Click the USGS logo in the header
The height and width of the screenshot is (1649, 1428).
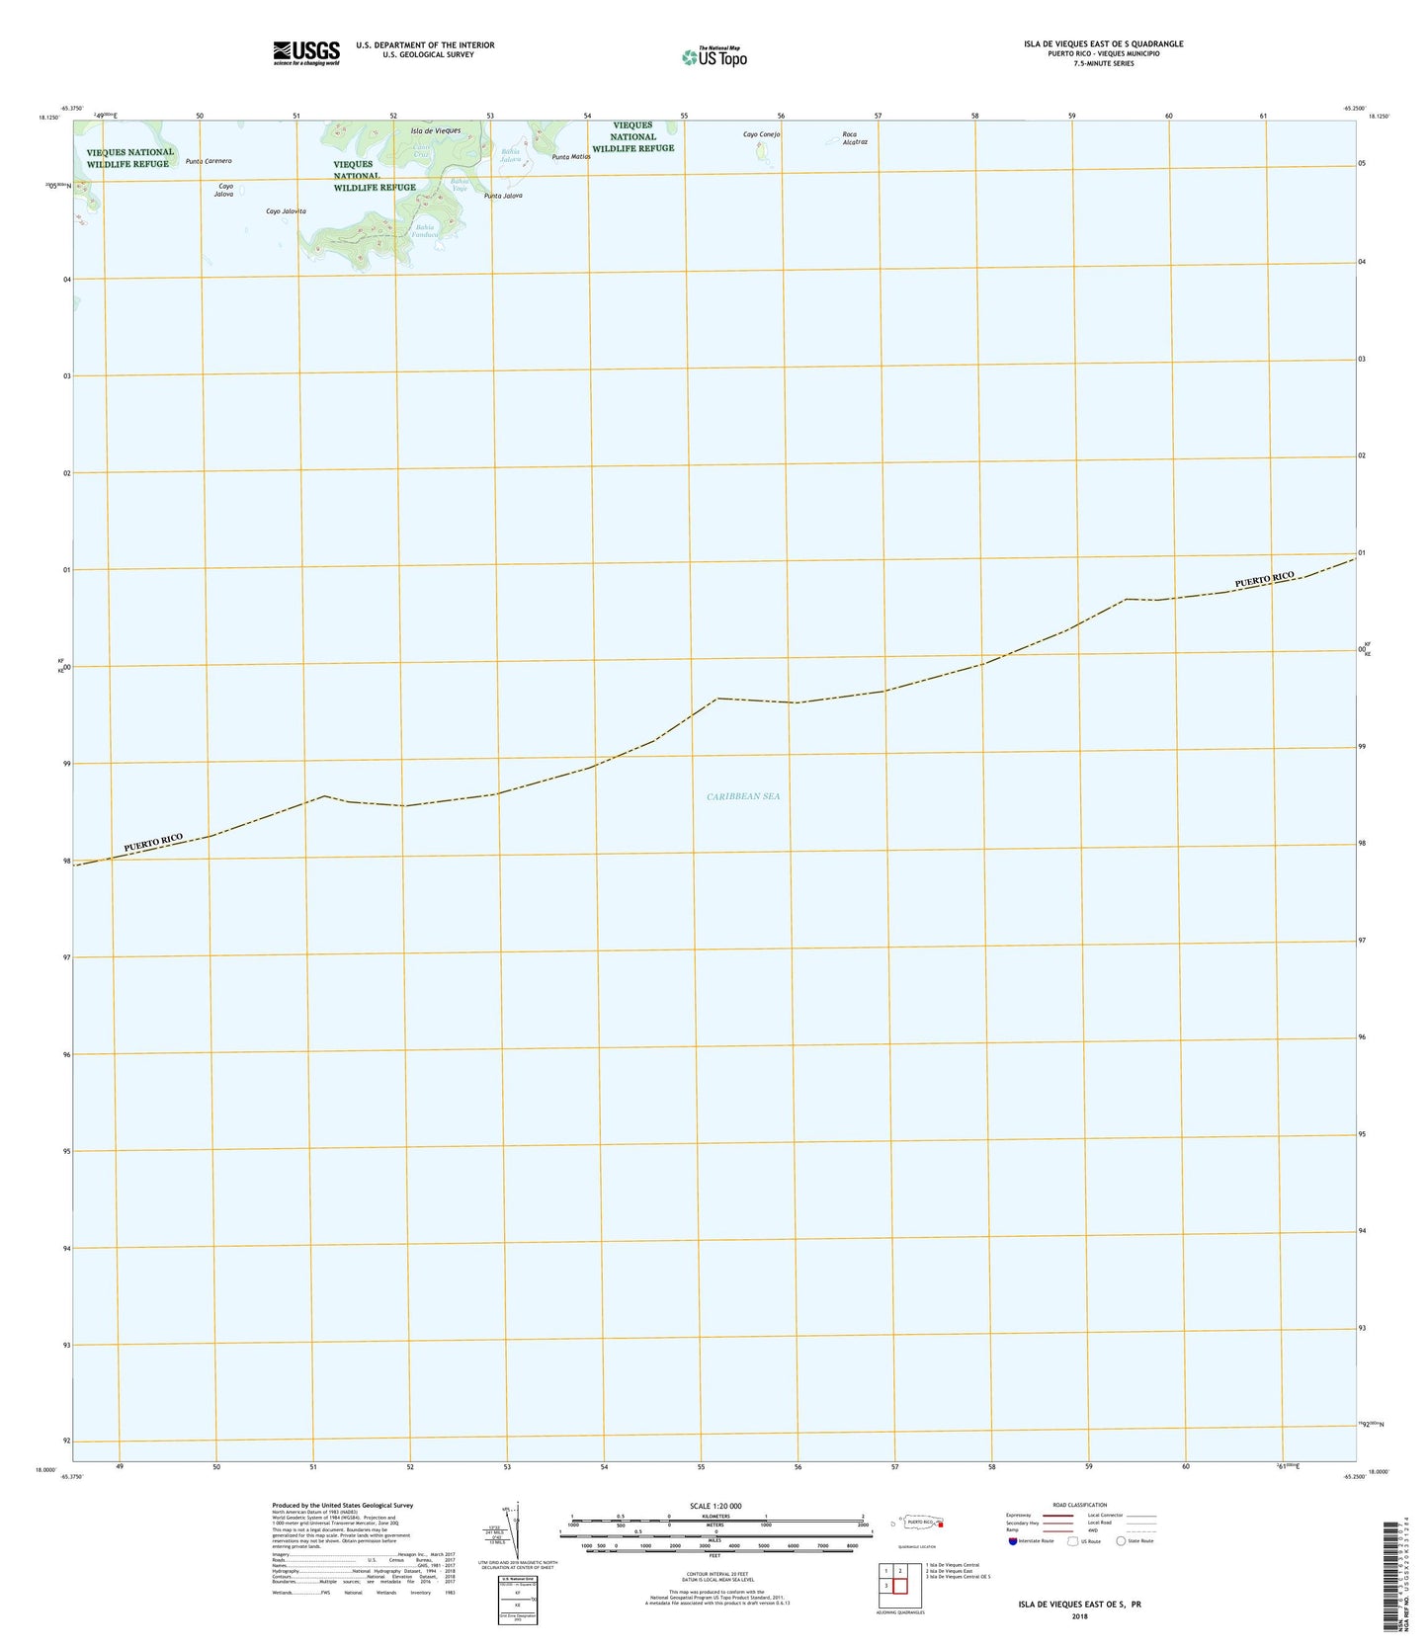coord(306,52)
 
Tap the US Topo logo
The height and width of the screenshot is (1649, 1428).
coord(714,57)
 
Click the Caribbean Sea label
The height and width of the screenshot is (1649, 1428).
coord(743,795)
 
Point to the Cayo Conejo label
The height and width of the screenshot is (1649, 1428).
coord(762,134)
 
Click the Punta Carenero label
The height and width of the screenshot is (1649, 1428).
coord(209,161)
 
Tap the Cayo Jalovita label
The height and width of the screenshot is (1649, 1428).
coord(286,211)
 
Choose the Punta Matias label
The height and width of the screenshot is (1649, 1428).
coord(571,157)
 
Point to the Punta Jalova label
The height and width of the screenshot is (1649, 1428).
coord(503,196)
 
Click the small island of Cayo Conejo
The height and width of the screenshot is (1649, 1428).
coord(761,151)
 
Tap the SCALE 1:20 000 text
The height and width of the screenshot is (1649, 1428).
coord(715,1506)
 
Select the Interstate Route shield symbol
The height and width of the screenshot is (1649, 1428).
coord(1013,1540)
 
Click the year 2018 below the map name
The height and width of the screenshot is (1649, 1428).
coord(1079,1617)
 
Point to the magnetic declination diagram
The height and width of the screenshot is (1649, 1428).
coord(511,1530)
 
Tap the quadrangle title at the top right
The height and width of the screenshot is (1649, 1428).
coord(1103,43)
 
